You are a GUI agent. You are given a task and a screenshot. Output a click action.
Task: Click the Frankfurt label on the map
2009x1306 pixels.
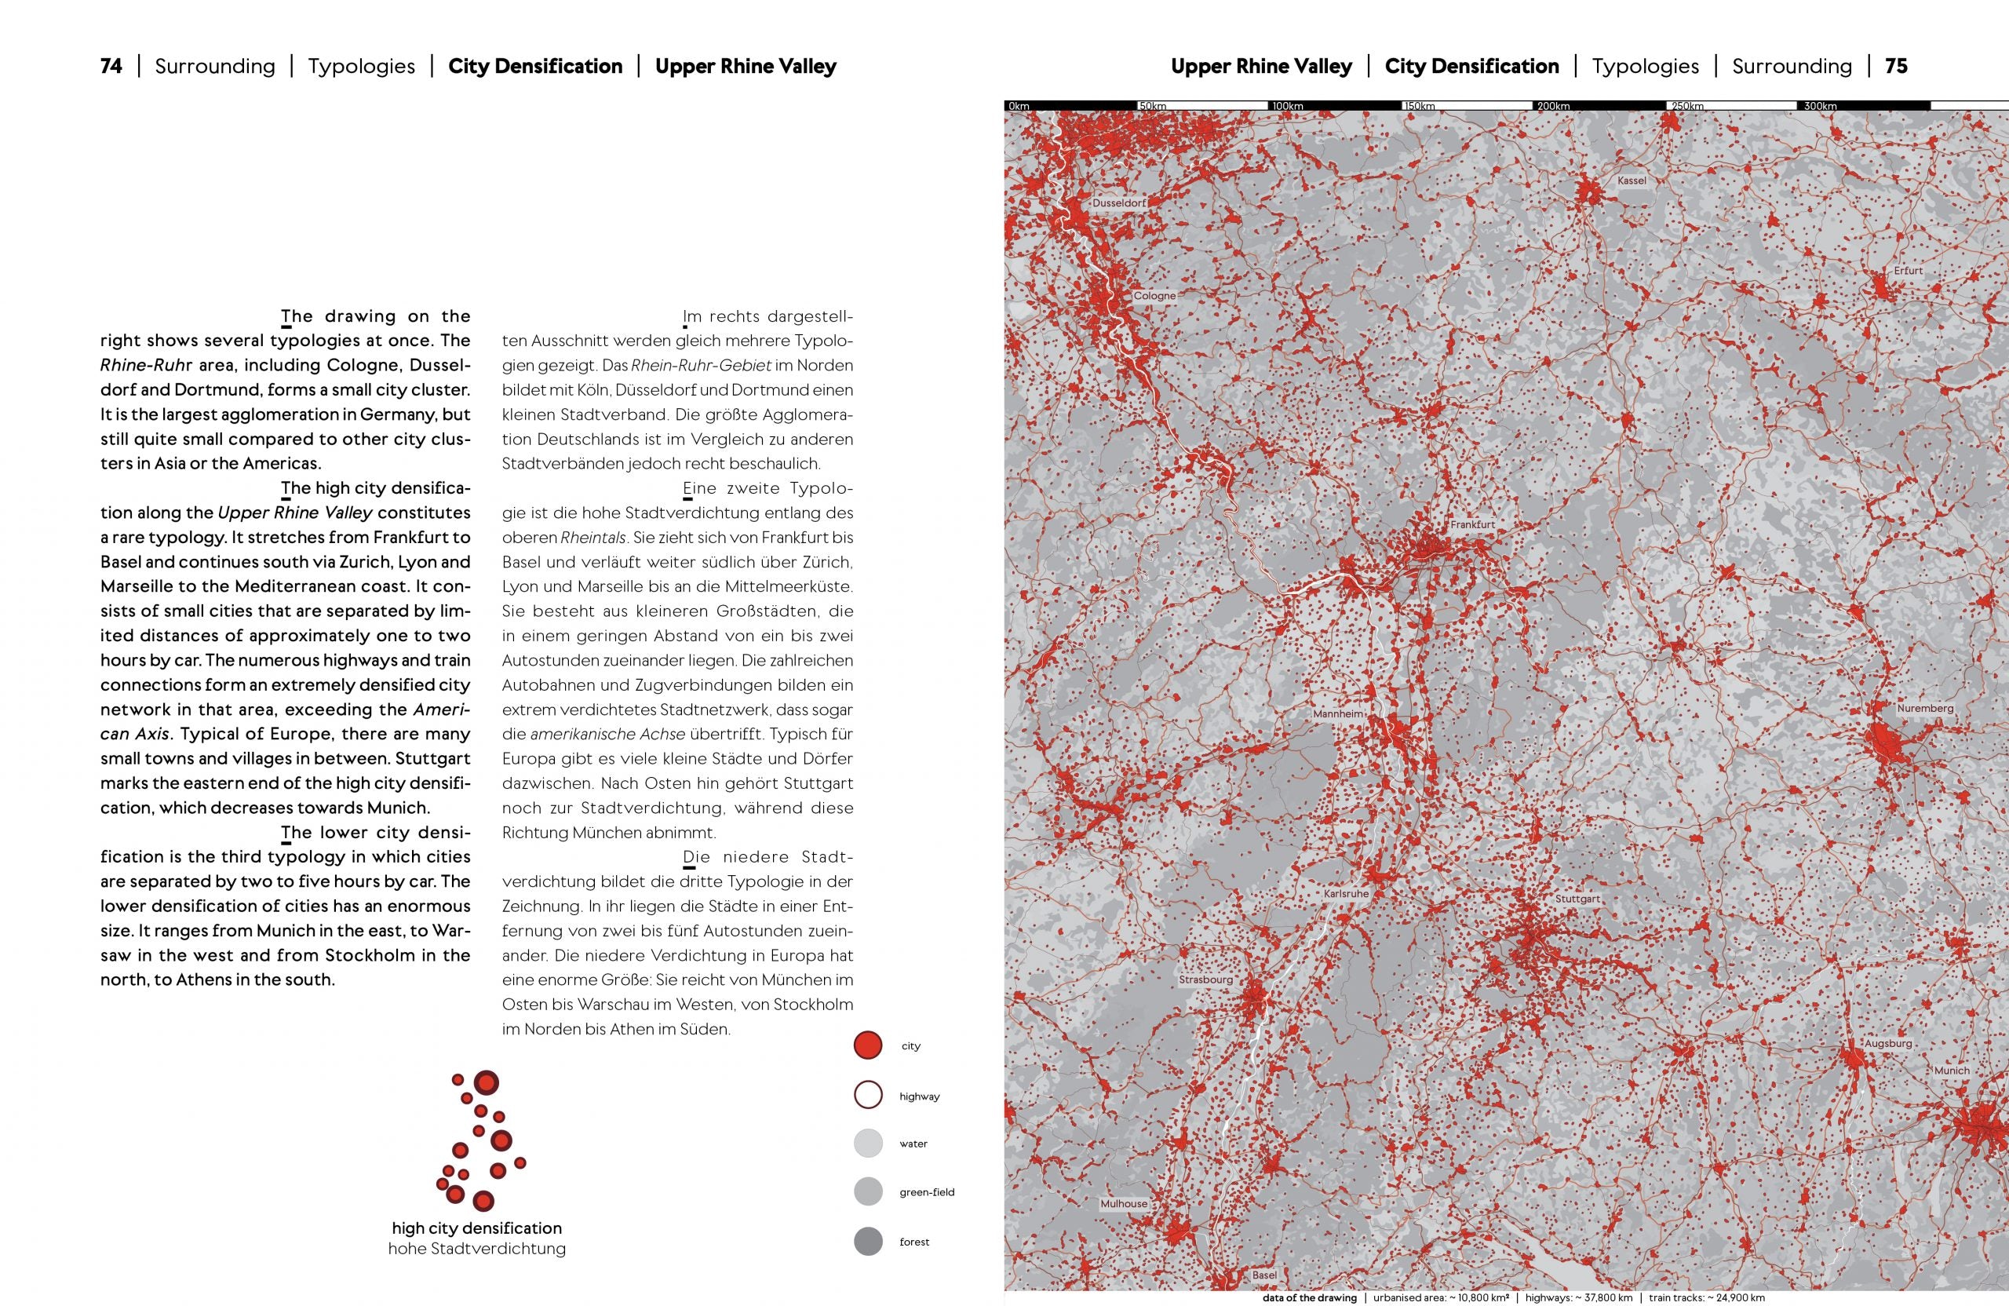pos(1472,524)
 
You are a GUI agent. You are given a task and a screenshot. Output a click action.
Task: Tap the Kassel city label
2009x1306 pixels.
pos(1632,181)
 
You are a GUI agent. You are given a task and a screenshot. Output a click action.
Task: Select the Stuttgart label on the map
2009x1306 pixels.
pos(1577,899)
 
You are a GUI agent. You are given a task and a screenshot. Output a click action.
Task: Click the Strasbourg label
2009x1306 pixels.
pos(1205,980)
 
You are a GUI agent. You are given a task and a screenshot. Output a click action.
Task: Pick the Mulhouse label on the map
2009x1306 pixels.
pos(1124,1204)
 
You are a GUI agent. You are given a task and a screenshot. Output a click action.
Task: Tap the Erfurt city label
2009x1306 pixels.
pos(1908,271)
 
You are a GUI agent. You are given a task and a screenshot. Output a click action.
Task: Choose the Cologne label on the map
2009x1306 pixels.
pos(1154,297)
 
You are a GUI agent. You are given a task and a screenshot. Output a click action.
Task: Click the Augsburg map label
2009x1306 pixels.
pos(1887,1043)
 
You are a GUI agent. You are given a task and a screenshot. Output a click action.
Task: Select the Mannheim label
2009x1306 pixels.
pos(1338,714)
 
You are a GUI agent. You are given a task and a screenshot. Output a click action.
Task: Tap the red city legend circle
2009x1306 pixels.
pos(868,1045)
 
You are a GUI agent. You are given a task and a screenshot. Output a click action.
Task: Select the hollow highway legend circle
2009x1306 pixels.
pos(868,1095)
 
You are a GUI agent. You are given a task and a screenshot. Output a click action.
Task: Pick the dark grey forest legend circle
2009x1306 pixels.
pos(868,1242)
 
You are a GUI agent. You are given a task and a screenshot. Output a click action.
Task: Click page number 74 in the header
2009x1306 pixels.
pos(111,66)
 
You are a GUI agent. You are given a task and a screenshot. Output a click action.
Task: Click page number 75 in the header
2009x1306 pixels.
pos(1896,66)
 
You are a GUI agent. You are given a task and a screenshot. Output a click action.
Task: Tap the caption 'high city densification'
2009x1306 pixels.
pos(477,1228)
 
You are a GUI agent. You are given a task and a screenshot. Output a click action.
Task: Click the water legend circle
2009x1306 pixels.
pos(868,1143)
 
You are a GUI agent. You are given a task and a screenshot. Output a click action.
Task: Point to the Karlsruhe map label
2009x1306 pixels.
pos(1346,893)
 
